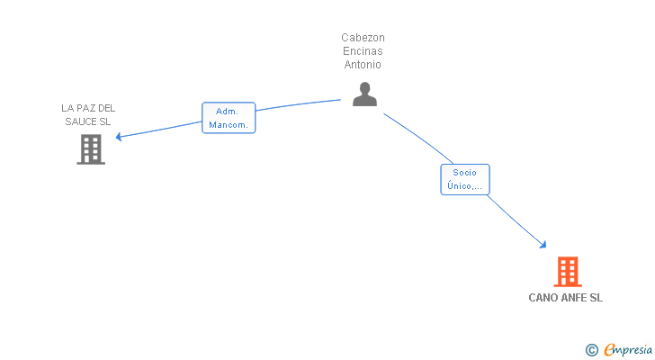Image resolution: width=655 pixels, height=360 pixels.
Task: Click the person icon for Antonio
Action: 364,94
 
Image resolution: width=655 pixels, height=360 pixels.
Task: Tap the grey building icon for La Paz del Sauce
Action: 91,149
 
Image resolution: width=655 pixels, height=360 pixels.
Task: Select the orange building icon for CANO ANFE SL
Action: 568,272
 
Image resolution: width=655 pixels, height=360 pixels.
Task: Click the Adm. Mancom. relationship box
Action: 229,118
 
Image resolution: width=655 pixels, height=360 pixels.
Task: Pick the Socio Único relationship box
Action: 465,179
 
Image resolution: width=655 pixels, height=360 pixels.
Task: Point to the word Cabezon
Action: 363,38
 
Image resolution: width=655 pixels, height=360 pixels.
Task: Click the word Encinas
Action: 363,51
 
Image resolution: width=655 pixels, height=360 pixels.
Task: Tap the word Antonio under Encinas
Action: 363,64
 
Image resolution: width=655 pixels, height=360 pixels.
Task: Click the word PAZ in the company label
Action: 86,108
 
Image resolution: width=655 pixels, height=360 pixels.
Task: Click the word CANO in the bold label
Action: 543,298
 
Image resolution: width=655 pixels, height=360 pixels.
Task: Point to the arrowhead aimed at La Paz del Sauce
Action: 119,137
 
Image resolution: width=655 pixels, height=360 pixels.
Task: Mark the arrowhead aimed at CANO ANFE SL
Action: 543,244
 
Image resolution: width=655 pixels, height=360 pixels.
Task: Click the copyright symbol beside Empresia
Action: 591,350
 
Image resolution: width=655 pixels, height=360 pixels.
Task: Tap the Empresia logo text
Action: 628,349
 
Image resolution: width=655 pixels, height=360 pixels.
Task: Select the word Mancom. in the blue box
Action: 229,125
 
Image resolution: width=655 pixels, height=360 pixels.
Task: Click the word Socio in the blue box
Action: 464,173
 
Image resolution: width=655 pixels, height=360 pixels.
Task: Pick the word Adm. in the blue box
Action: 227,112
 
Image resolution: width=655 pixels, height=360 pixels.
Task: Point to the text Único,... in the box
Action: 464,185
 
